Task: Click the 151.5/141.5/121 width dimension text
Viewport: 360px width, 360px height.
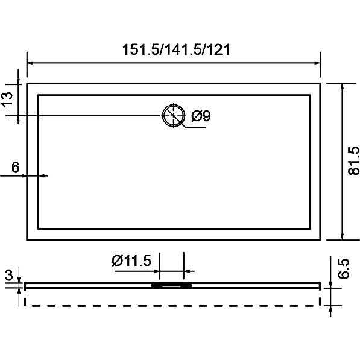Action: [x=176, y=49]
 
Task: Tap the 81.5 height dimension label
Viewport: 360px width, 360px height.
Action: [x=353, y=160]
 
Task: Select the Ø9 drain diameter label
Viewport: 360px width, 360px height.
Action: [x=201, y=116]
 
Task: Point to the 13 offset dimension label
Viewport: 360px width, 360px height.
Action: [x=7, y=99]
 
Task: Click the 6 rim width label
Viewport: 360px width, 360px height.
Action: [x=16, y=167]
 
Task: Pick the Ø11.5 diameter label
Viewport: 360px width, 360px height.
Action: [x=132, y=261]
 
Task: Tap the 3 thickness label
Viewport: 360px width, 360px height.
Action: [x=9, y=275]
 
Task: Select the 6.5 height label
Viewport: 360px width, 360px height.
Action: [x=344, y=268]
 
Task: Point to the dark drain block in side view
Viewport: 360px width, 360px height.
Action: [x=171, y=286]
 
